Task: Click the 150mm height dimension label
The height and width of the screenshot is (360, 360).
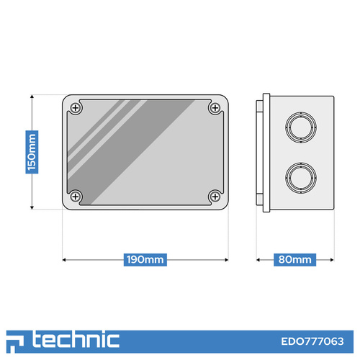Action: click(32, 152)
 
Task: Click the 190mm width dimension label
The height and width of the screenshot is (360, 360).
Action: click(145, 260)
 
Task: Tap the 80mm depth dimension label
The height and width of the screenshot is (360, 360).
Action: click(294, 260)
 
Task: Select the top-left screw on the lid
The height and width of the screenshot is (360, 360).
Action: click(76, 108)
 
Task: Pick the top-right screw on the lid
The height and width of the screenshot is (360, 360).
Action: click(215, 108)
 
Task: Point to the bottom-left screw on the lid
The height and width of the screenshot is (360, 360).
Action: click(76, 197)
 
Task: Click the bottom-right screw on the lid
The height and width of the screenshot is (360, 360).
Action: click(215, 197)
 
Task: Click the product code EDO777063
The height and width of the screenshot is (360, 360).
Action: click(312, 341)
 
